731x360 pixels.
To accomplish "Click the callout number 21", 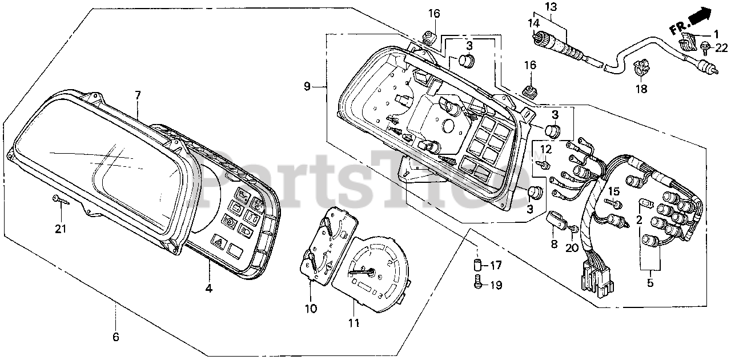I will click(61, 229).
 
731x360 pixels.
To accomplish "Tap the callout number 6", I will click(116, 337).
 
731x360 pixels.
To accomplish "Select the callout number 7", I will click(138, 95).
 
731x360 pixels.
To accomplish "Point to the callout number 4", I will click(209, 289).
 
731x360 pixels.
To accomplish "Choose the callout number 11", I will click(354, 323).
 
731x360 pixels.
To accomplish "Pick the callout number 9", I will click(307, 87).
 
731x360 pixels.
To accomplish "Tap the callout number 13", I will click(550, 7).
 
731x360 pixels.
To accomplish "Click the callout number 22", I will click(722, 47).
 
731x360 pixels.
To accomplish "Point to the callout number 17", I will click(495, 265).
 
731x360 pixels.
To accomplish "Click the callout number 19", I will click(495, 285).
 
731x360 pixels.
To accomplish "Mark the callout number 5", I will click(650, 282).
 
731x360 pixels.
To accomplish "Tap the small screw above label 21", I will click(59, 199).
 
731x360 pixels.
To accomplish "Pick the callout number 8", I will click(554, 244).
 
